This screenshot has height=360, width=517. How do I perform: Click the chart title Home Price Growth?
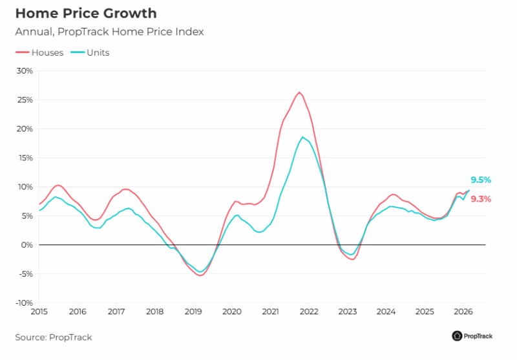click(85, 13)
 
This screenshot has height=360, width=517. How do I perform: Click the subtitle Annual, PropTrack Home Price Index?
click(109, 31)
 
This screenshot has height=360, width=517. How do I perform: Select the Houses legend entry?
click(40, 52)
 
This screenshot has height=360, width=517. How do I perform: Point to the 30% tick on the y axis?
click(24, 70)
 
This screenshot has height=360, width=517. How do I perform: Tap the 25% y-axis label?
click(24, 100)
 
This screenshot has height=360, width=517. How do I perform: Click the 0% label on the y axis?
click(26, 245)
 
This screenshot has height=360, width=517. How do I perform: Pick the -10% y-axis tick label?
click(23, 302)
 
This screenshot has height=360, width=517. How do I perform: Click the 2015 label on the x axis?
click(39, 312)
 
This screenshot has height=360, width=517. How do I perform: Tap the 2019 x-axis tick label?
click(193, 312)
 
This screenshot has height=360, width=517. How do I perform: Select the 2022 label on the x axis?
click(309, 312)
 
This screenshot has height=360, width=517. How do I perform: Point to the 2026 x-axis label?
click(463, 312)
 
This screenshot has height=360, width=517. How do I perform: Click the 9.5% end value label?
click(481, 180)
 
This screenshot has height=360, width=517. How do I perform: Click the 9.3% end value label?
click(481, 199)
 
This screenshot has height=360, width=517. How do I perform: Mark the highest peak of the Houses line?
click(299, 92)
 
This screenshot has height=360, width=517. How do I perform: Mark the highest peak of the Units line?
click(302, 137)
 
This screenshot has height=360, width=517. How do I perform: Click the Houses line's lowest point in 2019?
click(200, 275)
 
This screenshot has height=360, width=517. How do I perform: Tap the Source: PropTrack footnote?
click(54, 337)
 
